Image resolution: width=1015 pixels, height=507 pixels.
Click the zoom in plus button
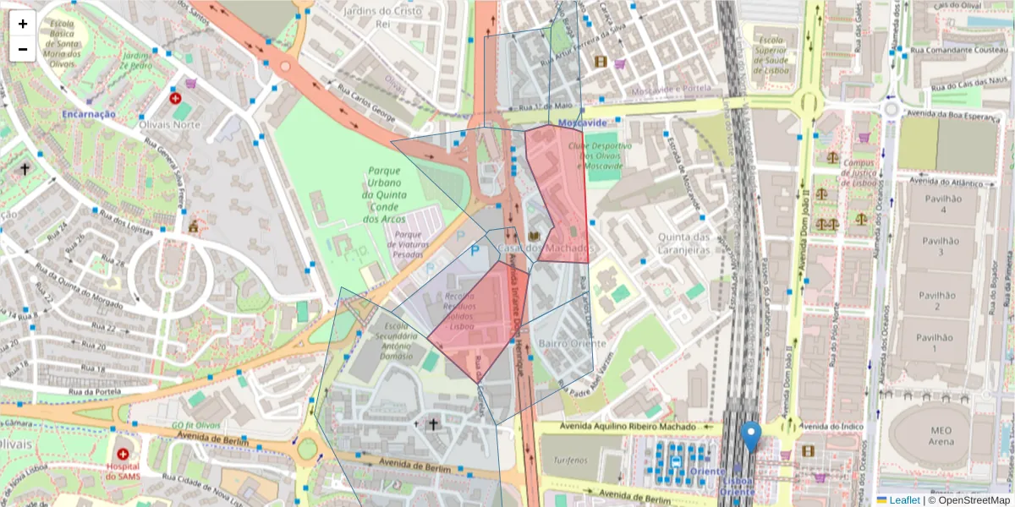point(23,24)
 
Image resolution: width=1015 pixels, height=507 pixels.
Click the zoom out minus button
point(23,49)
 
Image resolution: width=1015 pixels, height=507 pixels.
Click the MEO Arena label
point(940,435)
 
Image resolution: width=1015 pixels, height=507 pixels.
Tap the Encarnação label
point(88,113)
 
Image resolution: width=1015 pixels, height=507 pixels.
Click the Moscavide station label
point(583,123)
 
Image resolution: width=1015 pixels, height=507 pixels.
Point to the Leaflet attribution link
point(903,500)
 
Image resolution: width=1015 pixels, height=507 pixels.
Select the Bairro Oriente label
point(572,343)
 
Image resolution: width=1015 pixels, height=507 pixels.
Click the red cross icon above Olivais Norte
point(176,98)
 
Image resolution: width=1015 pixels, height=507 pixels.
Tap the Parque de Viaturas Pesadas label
point(408,244)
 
